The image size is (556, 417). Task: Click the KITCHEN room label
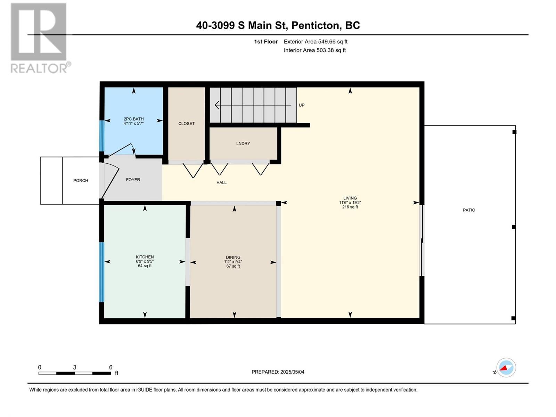(145, 257)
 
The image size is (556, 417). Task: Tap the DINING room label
(233, 257)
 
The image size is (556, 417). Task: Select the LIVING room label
(350, 198)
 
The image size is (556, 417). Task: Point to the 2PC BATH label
(133, 119)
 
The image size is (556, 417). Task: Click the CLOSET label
(186, 124)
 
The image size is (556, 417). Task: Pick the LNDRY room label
(243, 144)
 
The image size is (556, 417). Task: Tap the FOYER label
(133, 180)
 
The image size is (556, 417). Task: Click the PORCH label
(81, 180)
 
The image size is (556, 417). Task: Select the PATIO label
(469, 210)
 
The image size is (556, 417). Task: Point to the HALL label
(221, 182)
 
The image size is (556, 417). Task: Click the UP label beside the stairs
(301, 105)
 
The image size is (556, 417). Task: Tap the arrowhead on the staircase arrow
(216, 105)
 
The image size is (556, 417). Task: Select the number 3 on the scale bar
(75, 367)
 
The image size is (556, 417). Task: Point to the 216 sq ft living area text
(350, 207)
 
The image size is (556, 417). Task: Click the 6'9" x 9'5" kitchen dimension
(145, 261)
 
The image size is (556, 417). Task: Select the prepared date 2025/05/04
(292, 372)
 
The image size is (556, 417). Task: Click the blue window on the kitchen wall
(101, 272)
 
